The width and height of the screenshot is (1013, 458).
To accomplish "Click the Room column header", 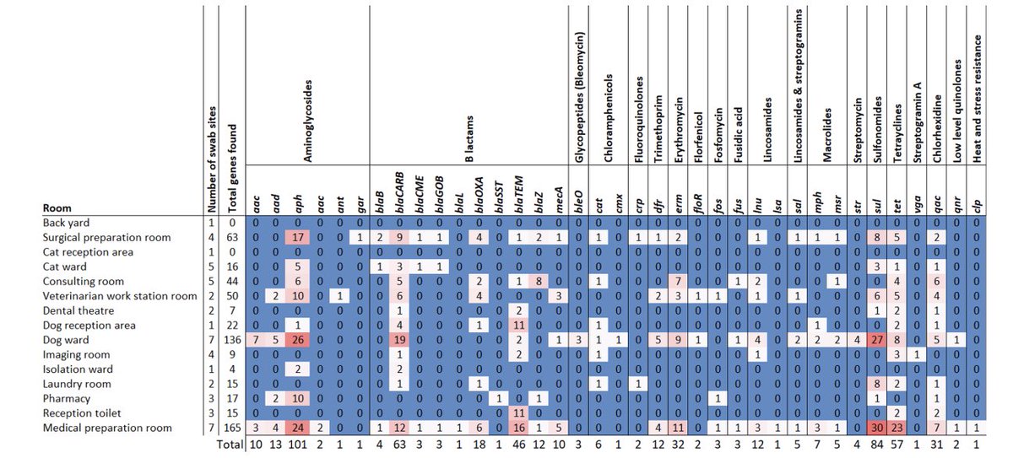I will click(x=57, y=208).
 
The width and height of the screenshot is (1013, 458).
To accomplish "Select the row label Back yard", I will click(x=68, y=223).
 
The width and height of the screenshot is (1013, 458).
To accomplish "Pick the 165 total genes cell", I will click(x=233, y=428).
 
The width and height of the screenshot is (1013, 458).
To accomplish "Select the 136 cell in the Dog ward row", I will click(x=233, y=340).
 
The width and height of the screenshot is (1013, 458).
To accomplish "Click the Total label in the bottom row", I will click(x=225, y=444).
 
